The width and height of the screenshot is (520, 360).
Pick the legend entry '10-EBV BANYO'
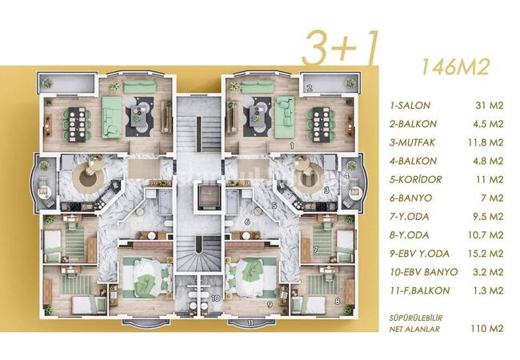pos(421,272)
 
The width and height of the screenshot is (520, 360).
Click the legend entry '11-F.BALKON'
pos(419,290)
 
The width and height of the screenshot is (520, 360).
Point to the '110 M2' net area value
pos(488,328)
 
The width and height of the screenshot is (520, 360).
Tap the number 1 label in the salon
pos(294,146)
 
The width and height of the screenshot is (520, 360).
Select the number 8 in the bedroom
pos(338,302)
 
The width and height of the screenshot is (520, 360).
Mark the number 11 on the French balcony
pos(251,322)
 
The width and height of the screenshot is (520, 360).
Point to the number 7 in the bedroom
pos(317,250)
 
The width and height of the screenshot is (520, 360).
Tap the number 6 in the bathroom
pos(249,222)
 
